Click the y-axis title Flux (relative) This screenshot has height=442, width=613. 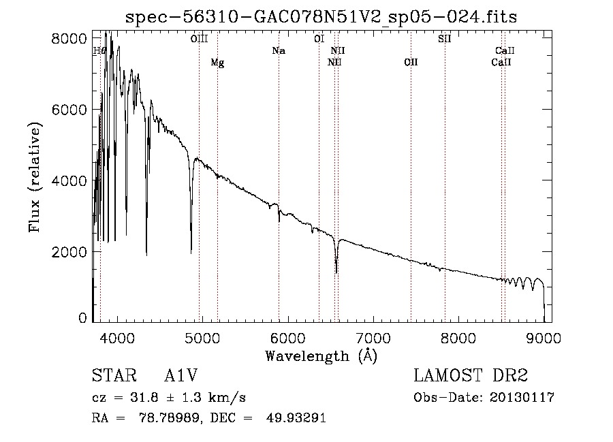point(35,177)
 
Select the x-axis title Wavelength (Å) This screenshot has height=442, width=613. point(321,356)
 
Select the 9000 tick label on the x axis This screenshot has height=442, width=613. point(544,337)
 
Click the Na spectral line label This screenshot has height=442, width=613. point(278,50)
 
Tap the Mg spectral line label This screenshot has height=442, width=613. point(217,63)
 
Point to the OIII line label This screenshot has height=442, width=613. point(199,39)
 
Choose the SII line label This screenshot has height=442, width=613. point(444,39)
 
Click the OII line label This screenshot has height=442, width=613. point(410,63)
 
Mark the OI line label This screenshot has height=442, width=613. point(319,39)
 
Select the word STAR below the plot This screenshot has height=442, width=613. point(113,376)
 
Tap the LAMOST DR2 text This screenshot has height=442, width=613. point(471,376)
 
